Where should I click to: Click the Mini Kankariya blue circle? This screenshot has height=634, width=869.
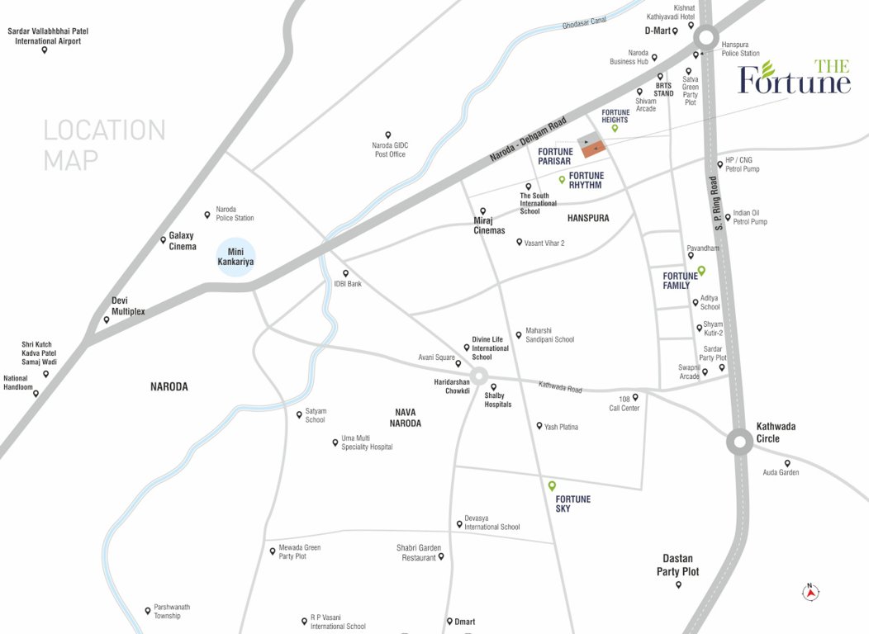point(235,257)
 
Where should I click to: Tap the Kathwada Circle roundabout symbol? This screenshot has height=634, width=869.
point(739,442)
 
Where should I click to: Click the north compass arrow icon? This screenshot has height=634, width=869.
point(811,591)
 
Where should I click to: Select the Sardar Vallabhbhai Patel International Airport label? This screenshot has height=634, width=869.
point(48,35)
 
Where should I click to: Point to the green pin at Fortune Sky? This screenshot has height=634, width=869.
point(552,485)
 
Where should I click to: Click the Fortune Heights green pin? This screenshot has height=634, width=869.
point(615,128)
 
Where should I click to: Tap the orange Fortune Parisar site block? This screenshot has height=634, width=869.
point(594,149)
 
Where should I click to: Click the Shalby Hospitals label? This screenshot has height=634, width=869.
point(498,400)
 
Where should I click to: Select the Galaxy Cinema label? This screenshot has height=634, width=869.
point(183,241)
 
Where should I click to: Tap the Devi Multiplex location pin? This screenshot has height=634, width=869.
point(107,319)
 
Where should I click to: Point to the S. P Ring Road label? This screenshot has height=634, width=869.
point(718,201)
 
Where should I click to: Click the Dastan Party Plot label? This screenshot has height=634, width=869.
point(677,565)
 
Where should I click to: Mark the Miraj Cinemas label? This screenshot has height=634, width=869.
point(489,225)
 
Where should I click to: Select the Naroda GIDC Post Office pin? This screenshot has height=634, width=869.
point(387,135)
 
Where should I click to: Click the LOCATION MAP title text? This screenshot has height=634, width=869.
point(104,144)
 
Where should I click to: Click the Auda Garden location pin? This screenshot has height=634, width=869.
point(787,463)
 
